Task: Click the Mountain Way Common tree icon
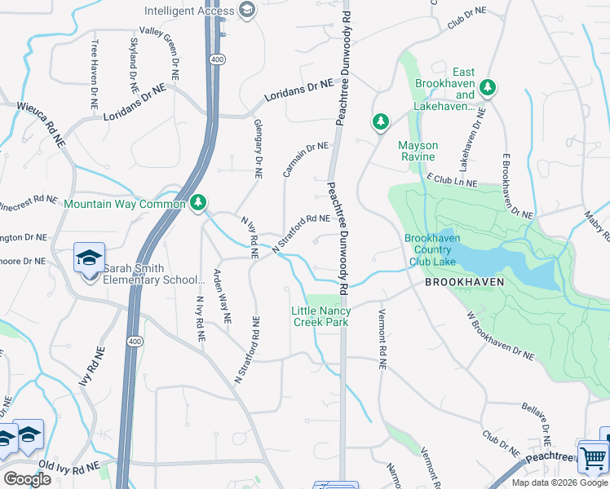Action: click(x=197, y=202)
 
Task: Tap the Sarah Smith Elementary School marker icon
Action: click(x=89, y=258)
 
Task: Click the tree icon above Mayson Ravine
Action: click(x=380, y=122)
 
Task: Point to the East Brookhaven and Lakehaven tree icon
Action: click(x=488, y=86)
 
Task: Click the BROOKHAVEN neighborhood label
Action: click(x=464, y=282)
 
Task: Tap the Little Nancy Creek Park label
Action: click(x=321, y=316)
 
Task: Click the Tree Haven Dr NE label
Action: click(x=95, y=75)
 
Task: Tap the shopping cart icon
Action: click(x=593, y=457)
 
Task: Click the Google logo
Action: click(x=27, y=478)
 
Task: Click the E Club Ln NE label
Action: click(x=450, y=181)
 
